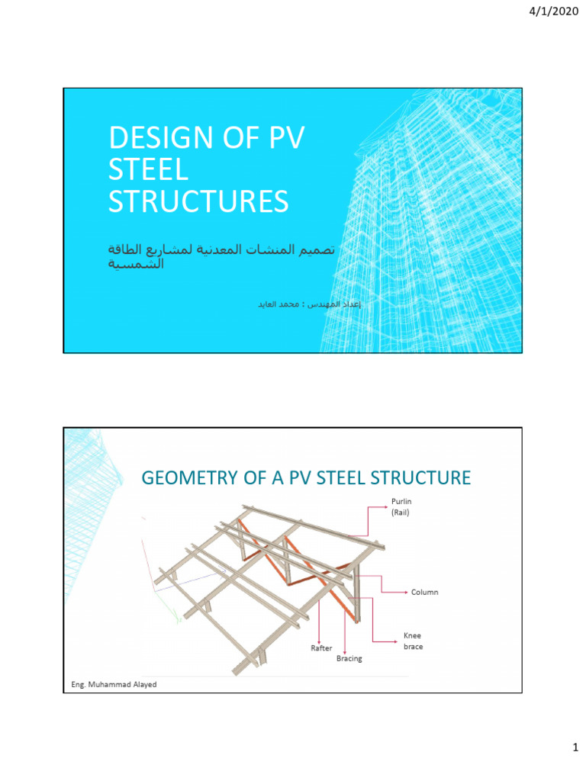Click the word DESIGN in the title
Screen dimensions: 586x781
(156, 139)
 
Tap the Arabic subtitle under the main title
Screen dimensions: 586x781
(221, 257)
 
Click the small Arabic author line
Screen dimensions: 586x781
(308, 304)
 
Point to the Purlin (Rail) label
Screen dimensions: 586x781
(401, 506)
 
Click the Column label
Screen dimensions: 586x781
(424, 592)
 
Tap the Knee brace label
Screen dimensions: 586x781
(413, 641)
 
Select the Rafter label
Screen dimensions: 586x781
(321, 648)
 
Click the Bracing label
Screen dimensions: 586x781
(349, 658)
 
